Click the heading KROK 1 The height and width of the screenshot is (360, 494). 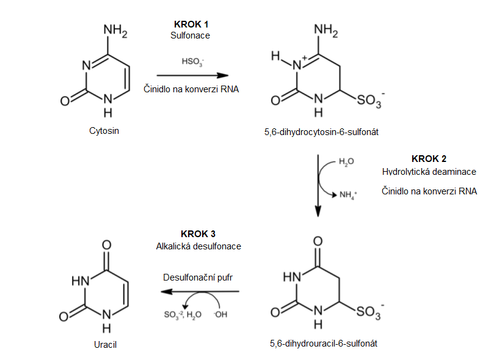pyautogui.click(x=191, y=24)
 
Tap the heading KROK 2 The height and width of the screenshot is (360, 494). pyautogui.click(x=429, y=158)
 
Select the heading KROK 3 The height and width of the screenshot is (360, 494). pyautogui.click(x=198, y=234)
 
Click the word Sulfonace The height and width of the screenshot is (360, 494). pyautogui.click(x=190, y=35)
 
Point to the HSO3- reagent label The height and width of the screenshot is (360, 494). pyautogui.click(x=192, y=62)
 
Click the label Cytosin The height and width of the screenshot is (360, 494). pyautogui.click(x=104, y=131)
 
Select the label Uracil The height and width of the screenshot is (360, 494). pyautogui.click(x=105, y=345)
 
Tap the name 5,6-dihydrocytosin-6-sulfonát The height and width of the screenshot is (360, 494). pyautogui.click(x=321, y=132)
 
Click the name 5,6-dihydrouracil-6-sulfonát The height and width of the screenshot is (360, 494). pyautogui.click(x=323, y=343)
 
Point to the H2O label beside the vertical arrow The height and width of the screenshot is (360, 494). pyautogui.click(x=346, y=162)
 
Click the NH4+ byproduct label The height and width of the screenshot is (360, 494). pyautogui.click(x=348, y=195)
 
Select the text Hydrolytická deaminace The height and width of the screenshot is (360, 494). pyautogui.click(x=429, y=172)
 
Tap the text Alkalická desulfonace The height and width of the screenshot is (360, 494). pyautogui.click(x=198, y=246)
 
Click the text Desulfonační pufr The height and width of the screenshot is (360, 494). pyautogui.click(x=198, y=277)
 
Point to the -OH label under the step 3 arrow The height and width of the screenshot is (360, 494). pyautogui.click(x=220, y=314)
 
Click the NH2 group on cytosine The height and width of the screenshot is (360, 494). pyautogui.click(x=115, y=31)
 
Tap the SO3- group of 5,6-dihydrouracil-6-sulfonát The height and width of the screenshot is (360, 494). pyautogui.click(x=370, y=312)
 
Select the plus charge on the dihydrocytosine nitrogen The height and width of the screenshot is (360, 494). pyautogui.click(x=304, y=58)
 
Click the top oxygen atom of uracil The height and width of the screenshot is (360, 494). pyautogui.click(x=106, y=245)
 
